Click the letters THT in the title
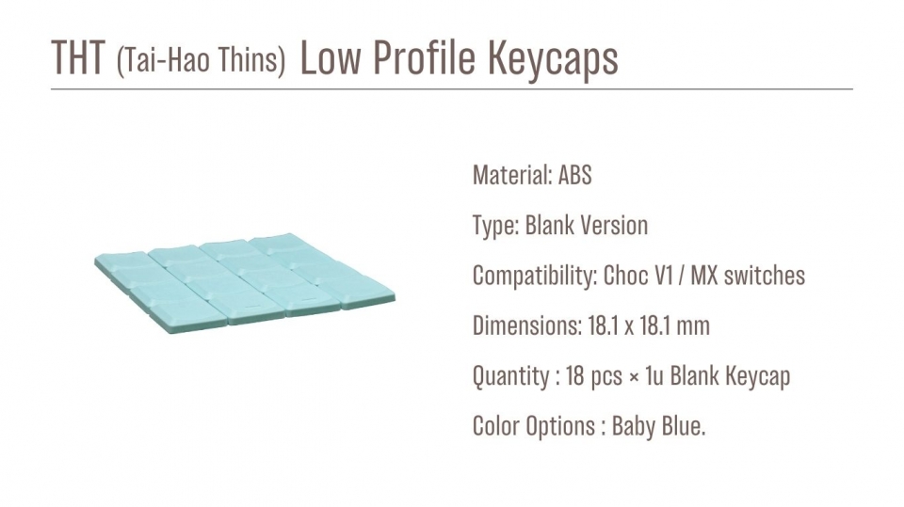(78, 57)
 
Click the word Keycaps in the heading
(553, 60)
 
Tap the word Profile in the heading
(426, 57)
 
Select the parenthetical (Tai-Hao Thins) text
(201, 60)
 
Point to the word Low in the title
(331, 57)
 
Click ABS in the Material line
(574, 175)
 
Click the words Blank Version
(587, 225)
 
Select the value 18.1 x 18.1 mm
(649, 326)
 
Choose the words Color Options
(534, 427)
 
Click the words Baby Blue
(657, 427)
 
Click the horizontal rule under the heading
(452, 89)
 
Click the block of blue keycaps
(245, 283)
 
